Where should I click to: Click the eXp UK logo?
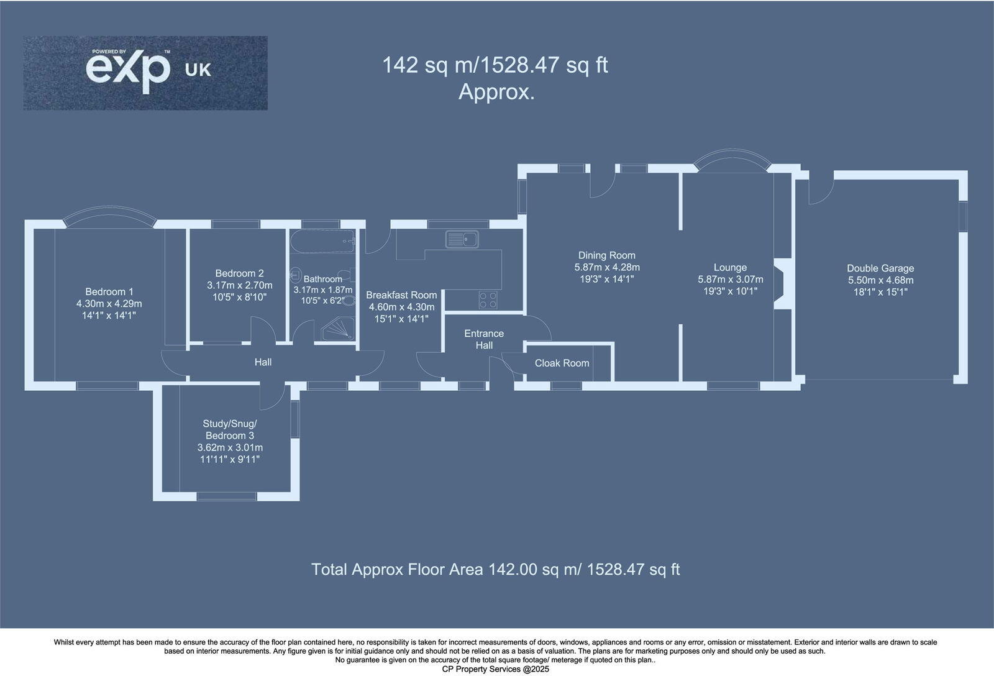point(145,73)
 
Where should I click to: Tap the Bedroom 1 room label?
point(109,291)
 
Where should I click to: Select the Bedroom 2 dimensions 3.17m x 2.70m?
point(239,285)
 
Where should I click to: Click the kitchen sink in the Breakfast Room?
point(461,239)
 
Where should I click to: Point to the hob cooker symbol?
point(488,300)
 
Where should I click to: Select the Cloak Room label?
point(562,363)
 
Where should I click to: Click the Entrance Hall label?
point(484,339)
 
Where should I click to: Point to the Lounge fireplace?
point(783,283)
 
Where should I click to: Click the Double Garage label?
point(880,268)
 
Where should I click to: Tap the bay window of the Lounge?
point(731,158)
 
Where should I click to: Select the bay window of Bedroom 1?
point(109,215)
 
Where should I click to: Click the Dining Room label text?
point(606,255)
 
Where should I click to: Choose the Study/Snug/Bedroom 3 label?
point(230,429)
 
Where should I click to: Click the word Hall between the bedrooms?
point(263,362)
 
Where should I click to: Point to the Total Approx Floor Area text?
point(495,569)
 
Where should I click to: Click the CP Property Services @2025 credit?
point(495,669)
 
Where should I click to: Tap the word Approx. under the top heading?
point(496,92)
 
